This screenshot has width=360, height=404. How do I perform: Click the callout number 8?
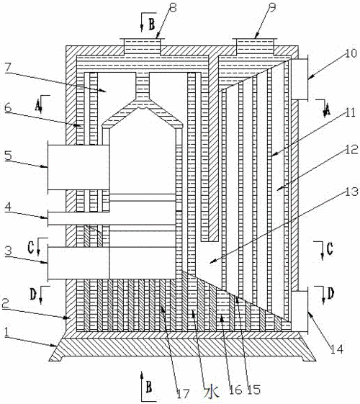[x=173, y=7]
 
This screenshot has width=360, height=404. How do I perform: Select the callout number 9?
[x=271, y=7]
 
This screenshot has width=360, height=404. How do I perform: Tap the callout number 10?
[x=351, y=53]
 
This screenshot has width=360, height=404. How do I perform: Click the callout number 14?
[x=337, y=349]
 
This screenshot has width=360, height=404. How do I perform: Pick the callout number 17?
[x=183, y=393]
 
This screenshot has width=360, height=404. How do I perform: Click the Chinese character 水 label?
[x=211, y=392]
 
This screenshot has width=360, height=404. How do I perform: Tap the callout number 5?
[x=8, y=156]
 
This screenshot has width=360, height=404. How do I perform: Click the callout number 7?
[x=7, y=68]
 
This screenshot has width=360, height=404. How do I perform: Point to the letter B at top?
[x=152, y=24]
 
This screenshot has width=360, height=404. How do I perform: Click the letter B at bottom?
[x=149, y=387]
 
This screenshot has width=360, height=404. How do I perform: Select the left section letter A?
[x=38, y=105]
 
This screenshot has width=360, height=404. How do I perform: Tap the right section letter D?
[x=330, y=294]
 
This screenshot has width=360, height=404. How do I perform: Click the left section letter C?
[x=31, y=248]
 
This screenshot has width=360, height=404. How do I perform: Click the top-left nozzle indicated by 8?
[x=143, y=47]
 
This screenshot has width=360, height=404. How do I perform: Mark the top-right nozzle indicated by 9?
[x=255, y=47]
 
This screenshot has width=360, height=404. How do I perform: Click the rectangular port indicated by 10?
[x=300, y=79]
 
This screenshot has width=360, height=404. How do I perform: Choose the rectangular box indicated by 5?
[x=78, y=168]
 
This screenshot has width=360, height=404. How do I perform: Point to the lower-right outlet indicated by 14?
[x=300, y=311]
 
